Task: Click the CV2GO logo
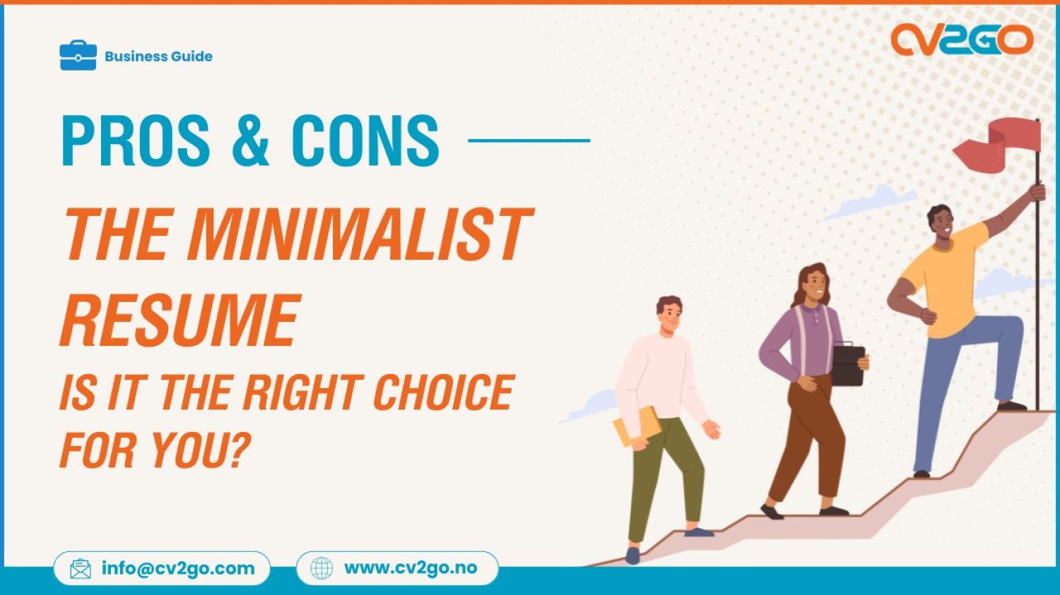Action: (962, 40)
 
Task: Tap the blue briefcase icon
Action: (78, 56)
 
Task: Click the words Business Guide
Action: (158, 56)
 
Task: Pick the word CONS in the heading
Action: (365, 140)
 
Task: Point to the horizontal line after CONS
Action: (529, 140)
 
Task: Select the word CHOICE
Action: (443, 392)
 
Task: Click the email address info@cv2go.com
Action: (177, 568)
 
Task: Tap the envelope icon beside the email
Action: (81, 569)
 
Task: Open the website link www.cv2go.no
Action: (410, 568)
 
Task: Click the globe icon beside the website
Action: (322, 568)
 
